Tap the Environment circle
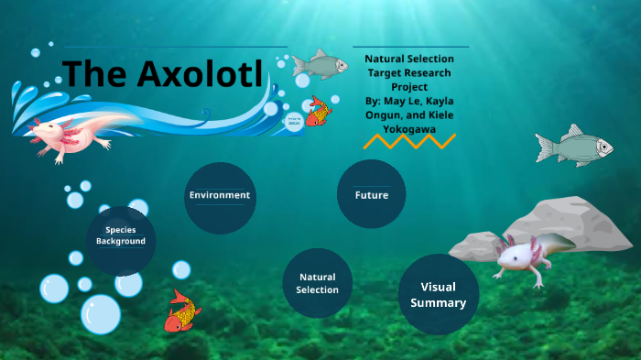point(220,196)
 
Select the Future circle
point(372,195)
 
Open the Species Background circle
point(121,236)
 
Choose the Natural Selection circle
point(318,283)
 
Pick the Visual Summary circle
point(438,294)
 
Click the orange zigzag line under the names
point(409,141)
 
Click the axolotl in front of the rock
point(527,256)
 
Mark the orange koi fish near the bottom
point(182,311)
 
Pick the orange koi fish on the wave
point(318,111)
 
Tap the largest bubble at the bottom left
point(101,313)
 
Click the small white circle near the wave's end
point(294,122)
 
